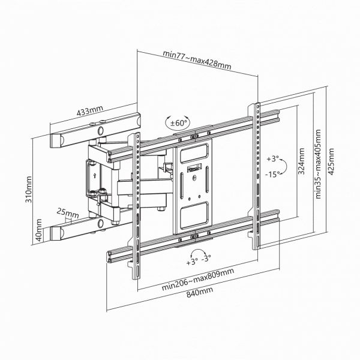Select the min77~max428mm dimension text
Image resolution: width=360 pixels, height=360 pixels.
pyautogui.click(x=196, y=53)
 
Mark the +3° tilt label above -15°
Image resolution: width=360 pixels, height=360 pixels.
pyautogui.click(x=273, y=159)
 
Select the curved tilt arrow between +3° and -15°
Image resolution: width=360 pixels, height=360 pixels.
pyautogui.click(x=287, y=166)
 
